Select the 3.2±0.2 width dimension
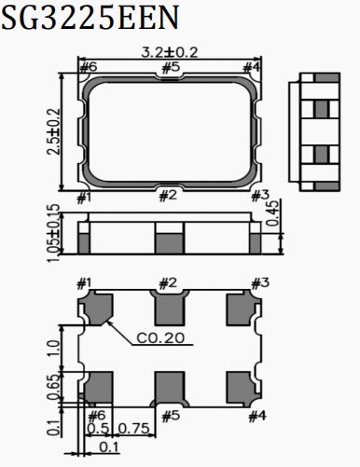[x=170, y=52]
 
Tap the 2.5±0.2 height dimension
[x=53, y=131]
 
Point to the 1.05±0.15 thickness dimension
[x=53, y=233]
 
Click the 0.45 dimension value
[x=273, y=213]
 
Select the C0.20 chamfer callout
[x=160, y=338]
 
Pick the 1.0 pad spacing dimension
[x=53, y=348]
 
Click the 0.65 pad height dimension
[x=53, y=388]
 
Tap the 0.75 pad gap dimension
[x=134, y=429]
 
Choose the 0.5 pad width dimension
[x=98, y=429]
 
